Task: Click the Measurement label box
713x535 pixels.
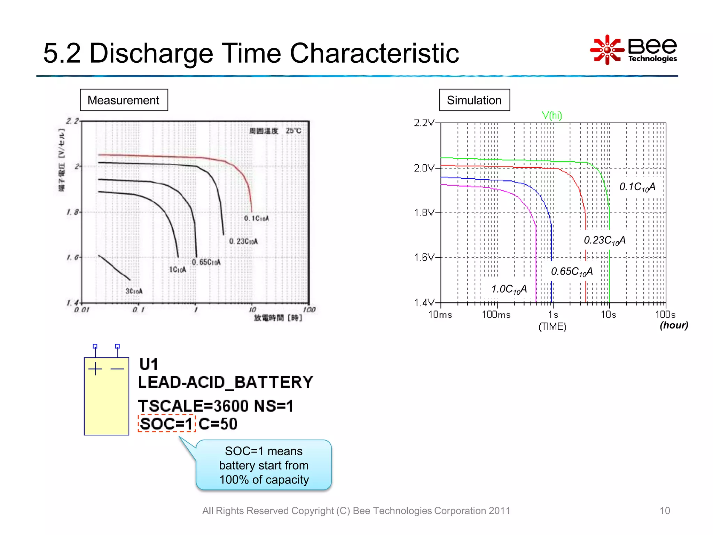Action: (x=124, y=100)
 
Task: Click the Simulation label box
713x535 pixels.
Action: (x=474, y=100)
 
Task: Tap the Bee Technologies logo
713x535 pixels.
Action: (x=633, y=50)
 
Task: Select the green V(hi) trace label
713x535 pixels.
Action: (x=552, y=115)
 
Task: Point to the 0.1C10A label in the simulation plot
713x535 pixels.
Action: (x=637, y=187)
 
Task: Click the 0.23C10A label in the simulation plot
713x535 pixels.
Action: (x=604, y=240)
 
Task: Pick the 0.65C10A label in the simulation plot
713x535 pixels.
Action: (x=571, y=271)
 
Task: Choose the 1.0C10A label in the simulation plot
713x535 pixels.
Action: (x=509, y=289)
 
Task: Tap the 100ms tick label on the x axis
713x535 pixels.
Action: (x=496, y=315)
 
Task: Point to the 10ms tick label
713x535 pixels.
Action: (x=440, y=315)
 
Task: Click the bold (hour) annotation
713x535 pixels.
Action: (x=674, y=325)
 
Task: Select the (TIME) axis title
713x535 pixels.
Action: (x=552, y=327)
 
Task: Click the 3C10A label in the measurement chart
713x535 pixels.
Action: (x=134, y=291)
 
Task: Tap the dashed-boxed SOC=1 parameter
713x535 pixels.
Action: (x=166, y=424)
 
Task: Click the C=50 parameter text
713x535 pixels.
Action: (x=218, y=424)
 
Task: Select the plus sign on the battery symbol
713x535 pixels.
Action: (x=95, y=369)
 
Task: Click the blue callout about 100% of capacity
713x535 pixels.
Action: (x=264, y=465)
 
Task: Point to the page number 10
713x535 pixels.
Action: (x=664, y=511)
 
